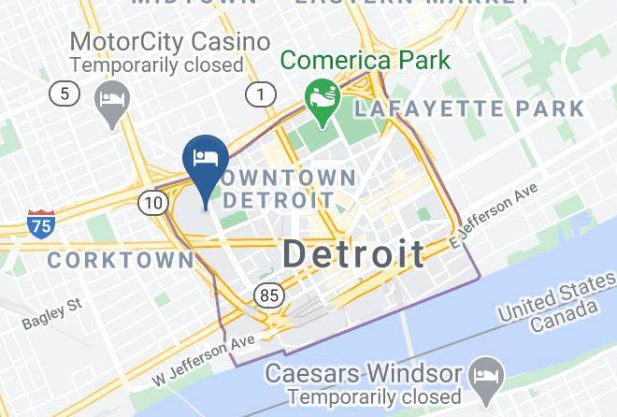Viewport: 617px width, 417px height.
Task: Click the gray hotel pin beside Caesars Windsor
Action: [x=487, y=376]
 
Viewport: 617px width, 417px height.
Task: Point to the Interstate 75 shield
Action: [x=40, y=223]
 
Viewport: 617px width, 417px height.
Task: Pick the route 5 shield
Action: [x=65, y=93]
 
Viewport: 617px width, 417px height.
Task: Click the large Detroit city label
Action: [x=352, y=253]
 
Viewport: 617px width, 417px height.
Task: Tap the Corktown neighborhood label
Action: [x=118, y=261]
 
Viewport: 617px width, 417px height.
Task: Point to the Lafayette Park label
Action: [x=469, y=108]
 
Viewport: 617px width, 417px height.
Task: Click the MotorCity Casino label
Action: [x=170, y=42]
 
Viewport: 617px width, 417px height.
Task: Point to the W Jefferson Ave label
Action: [x=204, y=363]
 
